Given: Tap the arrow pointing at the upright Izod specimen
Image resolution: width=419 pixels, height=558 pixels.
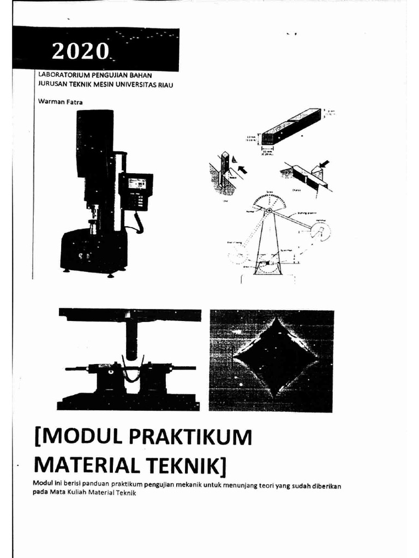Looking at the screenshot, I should pos(241,170).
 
